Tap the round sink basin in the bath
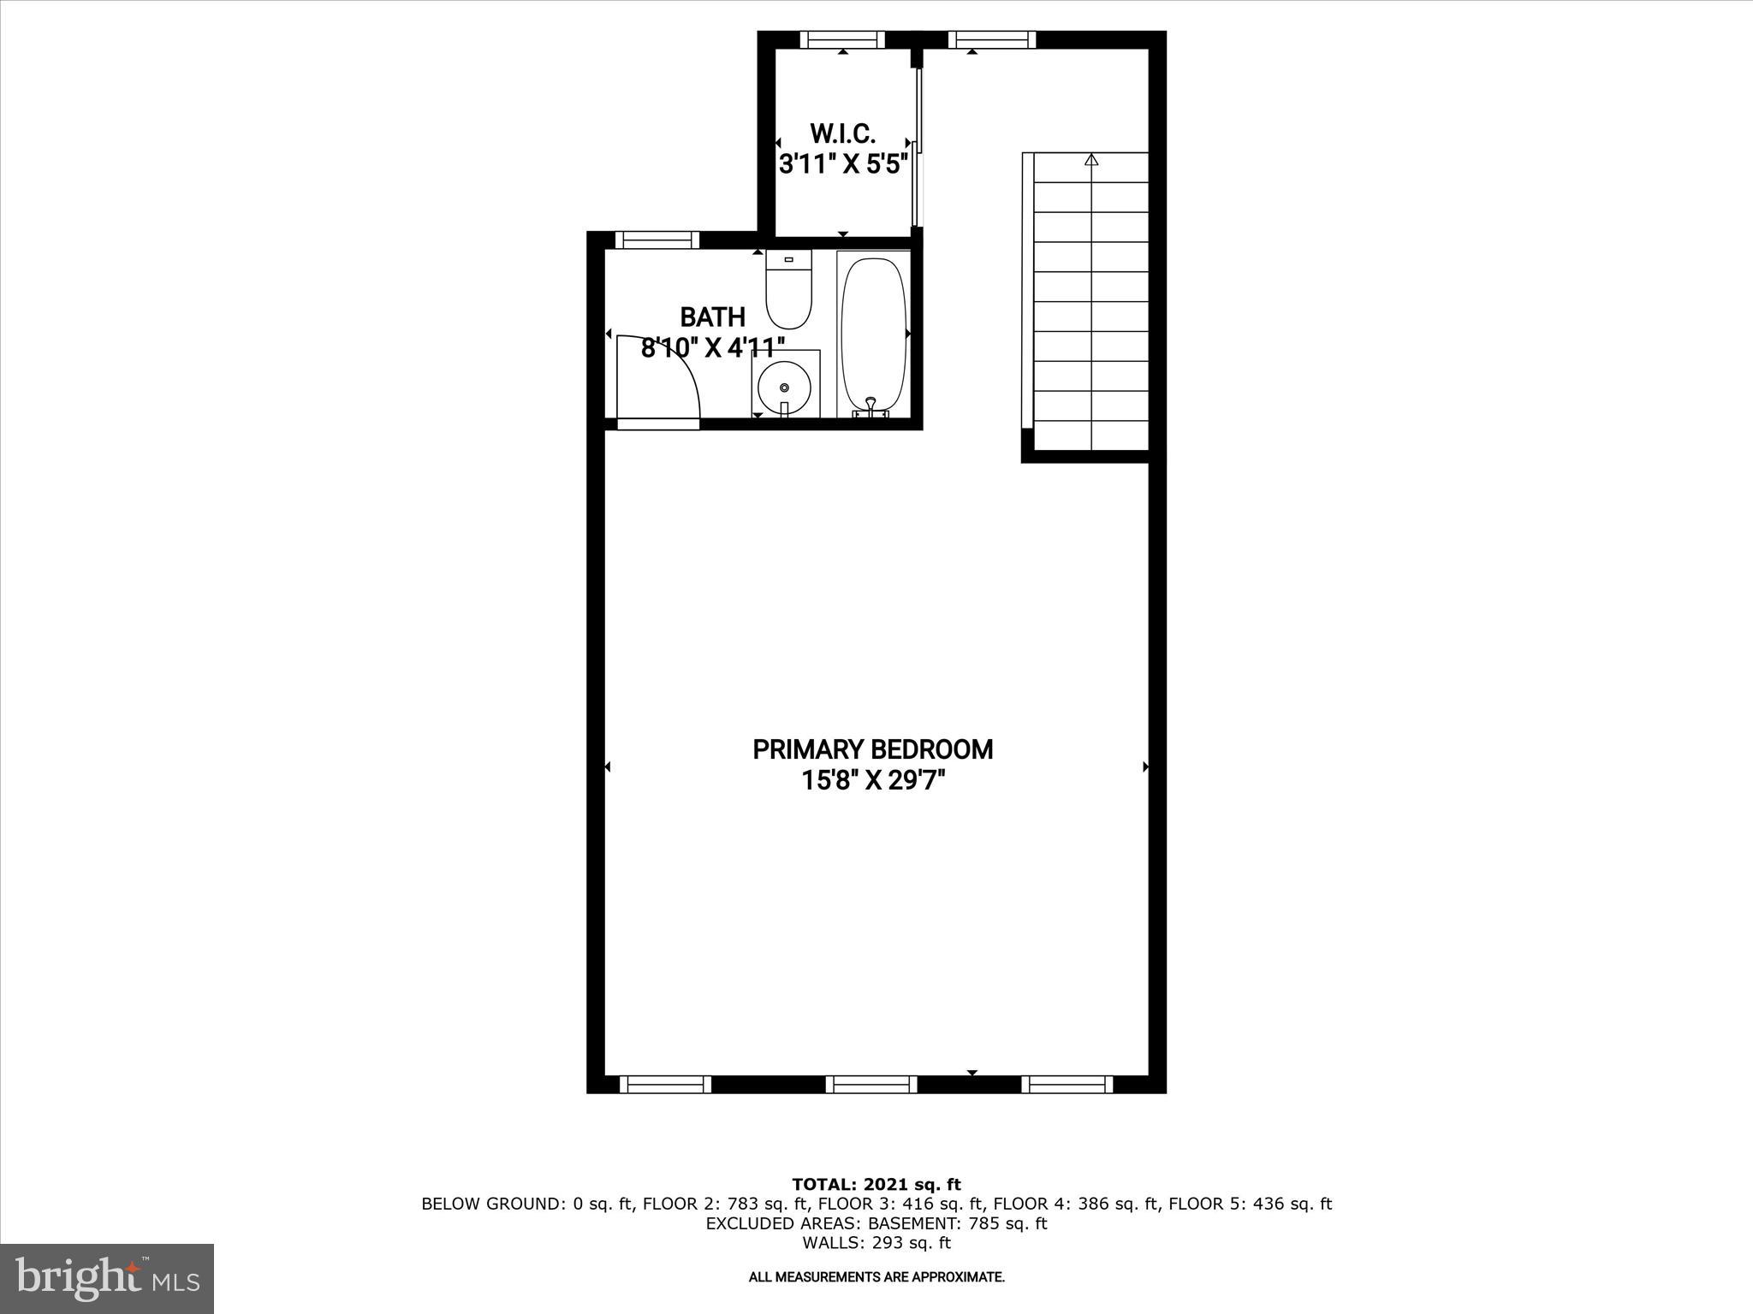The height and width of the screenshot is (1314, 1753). pos(783,388)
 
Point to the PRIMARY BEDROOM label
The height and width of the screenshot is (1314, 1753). pos(872,749)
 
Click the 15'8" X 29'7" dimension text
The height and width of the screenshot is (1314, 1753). pos(872,781)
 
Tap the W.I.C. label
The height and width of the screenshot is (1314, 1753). pos(842,133)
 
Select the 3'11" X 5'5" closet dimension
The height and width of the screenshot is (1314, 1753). pos(842,164)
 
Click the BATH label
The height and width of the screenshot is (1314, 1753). pos(712,317)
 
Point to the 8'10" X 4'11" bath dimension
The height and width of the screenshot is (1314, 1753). pos(713,347)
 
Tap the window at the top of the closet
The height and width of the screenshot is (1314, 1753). pos(843,39)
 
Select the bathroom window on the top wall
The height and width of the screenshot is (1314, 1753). pos(657,240)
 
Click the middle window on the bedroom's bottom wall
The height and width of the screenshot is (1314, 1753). pos(871,1084)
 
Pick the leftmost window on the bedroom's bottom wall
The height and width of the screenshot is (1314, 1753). pos(665,1084)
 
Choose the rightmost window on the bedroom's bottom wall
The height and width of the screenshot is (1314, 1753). pos(1067,1084)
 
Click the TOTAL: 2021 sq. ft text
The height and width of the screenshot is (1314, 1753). pos(876,1185)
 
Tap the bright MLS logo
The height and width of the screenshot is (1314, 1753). pos(107,1279)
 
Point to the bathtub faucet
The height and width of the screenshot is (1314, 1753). pos(871,405)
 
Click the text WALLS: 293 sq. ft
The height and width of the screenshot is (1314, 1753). pos(876,1243)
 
